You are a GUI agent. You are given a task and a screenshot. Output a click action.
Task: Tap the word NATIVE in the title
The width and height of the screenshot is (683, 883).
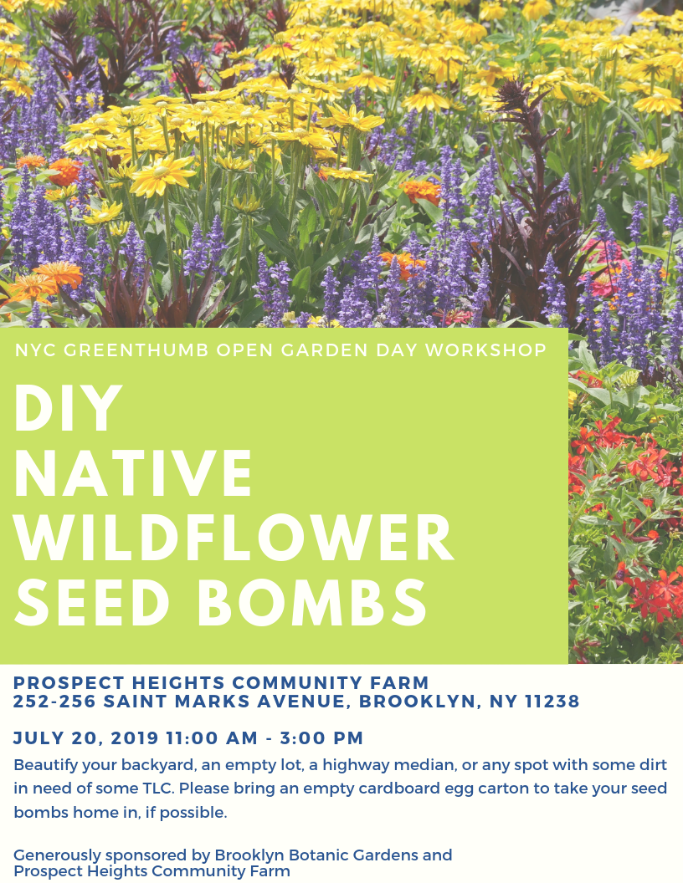(x=134, y=474)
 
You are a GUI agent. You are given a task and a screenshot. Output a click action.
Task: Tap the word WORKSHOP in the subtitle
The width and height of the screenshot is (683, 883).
(x=485, y=350)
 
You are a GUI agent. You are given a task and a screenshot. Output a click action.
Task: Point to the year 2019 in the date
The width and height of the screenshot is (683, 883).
(x=134, y=738)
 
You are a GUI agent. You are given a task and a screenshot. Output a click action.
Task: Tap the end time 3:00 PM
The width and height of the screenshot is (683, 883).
(x=322, y=738)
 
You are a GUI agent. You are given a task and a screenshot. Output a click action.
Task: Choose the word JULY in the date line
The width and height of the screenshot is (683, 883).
(x=39, y=738)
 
